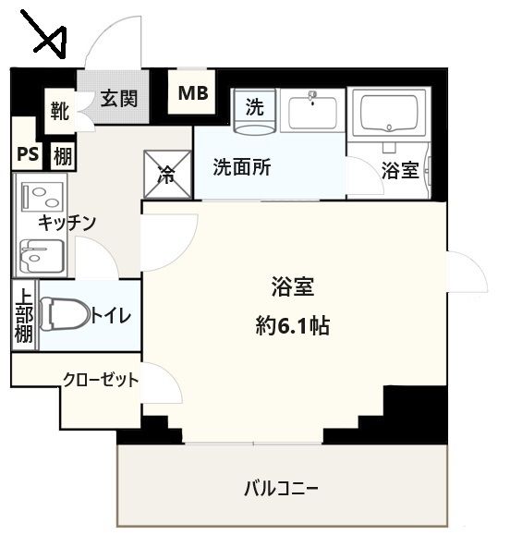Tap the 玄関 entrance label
click(x=119, y=98)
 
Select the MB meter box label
click(x=193, y=92)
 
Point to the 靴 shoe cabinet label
click(x=60, y=112)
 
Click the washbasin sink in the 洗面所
click(x=313, y=113)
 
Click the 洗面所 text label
click(x=242, y=168)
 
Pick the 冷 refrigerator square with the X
click(x=166, y=174)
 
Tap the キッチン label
click(x=67, y=222)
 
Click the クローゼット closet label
click(x=101, y=379)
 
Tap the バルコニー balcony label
click(x=282, y=487)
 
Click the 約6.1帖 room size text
click(x=293, y=325)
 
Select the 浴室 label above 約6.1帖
click(x=293, y=286)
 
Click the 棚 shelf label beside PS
click(x=62, y=155)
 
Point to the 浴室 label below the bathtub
click(x=400, y=170)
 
